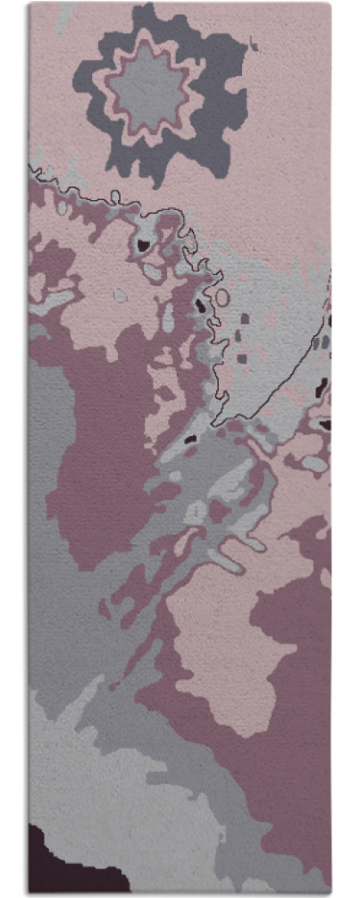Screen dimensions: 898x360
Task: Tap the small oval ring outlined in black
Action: [x=221, y=297]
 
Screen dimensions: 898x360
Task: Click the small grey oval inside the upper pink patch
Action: [x=120, y=295]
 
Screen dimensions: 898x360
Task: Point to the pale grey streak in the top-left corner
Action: [x=63, y=18]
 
